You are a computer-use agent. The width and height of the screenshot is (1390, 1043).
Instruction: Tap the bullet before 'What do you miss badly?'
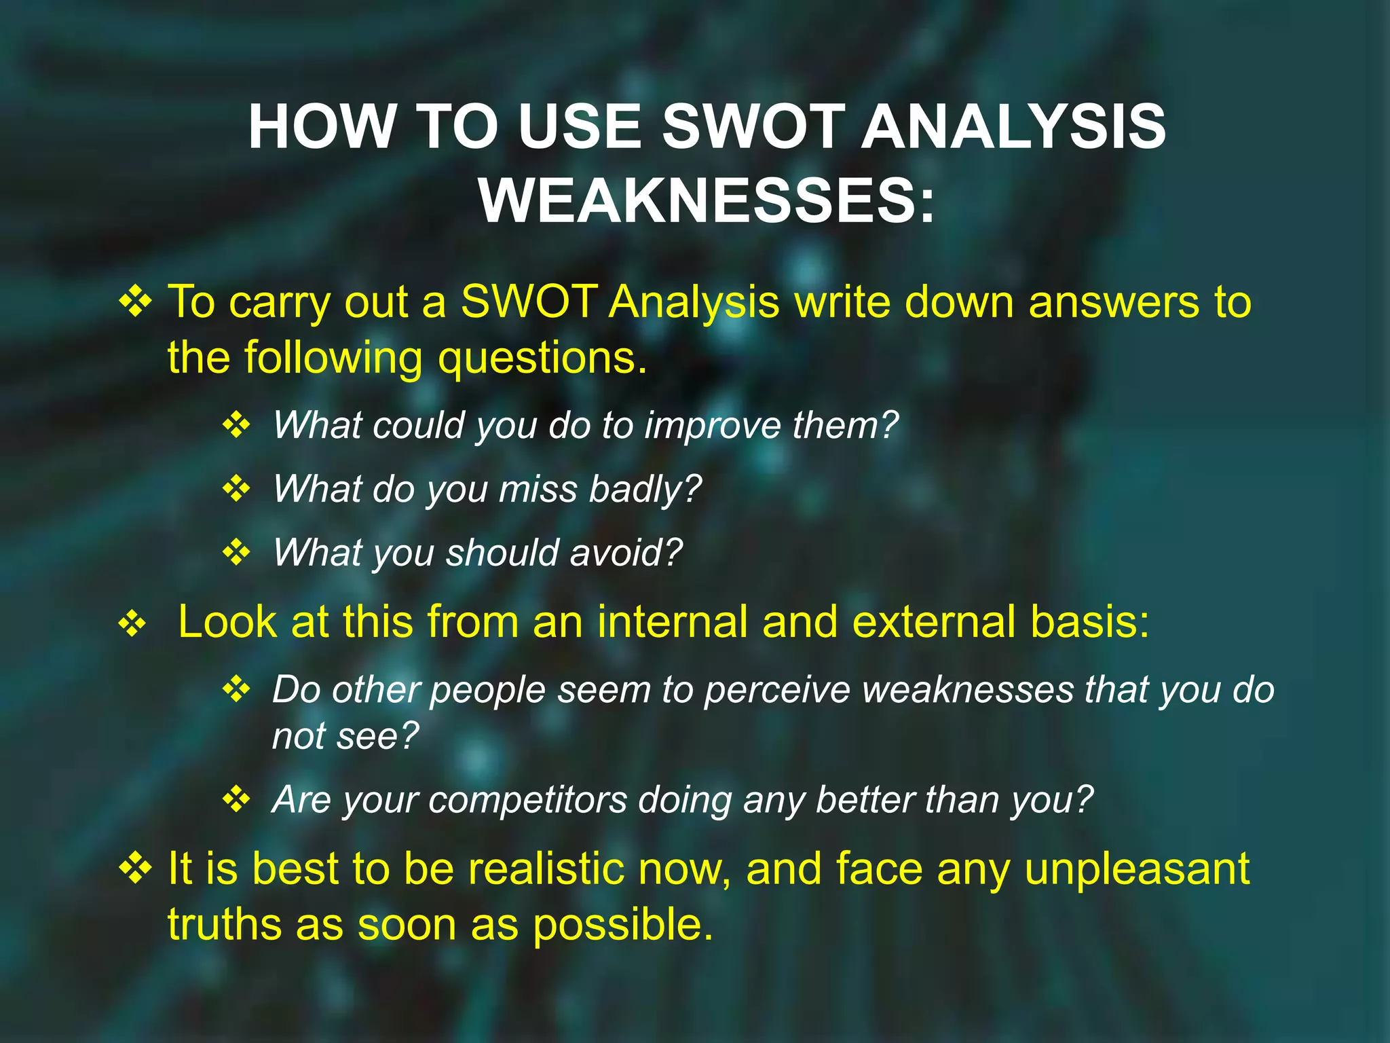(236, 489)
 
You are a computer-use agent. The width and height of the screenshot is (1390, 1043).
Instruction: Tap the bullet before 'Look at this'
(132, 623)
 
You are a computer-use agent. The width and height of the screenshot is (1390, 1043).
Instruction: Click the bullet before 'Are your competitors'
(236, 799)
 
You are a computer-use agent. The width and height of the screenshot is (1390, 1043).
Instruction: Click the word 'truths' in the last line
(224, 925)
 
